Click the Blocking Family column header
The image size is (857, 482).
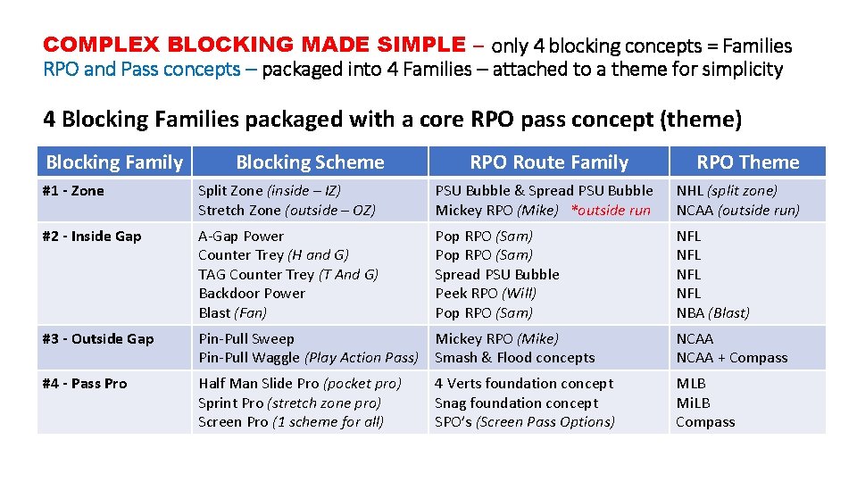[113, 162]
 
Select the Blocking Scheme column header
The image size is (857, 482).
[310, 162]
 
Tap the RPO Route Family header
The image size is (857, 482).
[549, 162]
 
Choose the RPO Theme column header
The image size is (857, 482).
[747, 162]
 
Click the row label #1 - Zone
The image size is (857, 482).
[73, 191]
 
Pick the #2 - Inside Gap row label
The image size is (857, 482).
[92, 237]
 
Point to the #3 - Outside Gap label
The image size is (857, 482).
[98, 339]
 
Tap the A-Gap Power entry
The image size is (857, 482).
[241, 237]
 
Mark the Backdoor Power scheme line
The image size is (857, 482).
[252, 294]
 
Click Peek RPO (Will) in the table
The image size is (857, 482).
[486, 294]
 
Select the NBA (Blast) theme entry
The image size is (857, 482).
[712, 313]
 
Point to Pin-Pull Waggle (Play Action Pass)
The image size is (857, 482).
[308, 358]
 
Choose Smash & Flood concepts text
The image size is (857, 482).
[515, 358]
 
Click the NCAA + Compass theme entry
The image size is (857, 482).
[732, 358]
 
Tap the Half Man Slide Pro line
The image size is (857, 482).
[300, 384]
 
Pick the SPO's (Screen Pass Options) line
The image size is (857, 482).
[525, 422]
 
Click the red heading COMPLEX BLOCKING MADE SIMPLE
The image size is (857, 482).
[254, 45]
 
